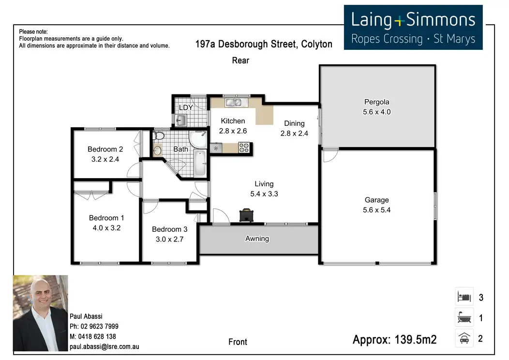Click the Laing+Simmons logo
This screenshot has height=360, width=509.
click(413, 28)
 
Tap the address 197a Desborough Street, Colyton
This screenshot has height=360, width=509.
click(264, 45)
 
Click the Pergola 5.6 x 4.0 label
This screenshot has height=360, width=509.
click(376, 107)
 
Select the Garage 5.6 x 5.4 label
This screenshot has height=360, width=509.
click(376, 205)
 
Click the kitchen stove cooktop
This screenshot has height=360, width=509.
click(243, 148)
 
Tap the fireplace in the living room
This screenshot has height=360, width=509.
click(246, 215)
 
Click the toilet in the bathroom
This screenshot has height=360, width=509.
click(158, 137)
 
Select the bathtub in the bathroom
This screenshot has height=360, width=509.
click(199, 164)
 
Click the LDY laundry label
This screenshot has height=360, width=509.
click(186, 107)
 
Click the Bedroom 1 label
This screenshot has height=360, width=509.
click(106, 218)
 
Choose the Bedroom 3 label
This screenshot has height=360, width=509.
click(169, 229)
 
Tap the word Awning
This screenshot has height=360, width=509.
click(257, 239)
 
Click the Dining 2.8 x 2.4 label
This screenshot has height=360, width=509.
click(294, 128)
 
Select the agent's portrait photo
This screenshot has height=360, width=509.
click(41, 313)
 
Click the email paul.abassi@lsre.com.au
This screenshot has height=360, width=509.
click(105, 346)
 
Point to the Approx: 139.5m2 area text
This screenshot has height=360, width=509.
click(394, 340)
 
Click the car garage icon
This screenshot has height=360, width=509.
click(464, 338)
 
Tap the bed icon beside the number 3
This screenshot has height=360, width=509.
click(464, 296)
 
